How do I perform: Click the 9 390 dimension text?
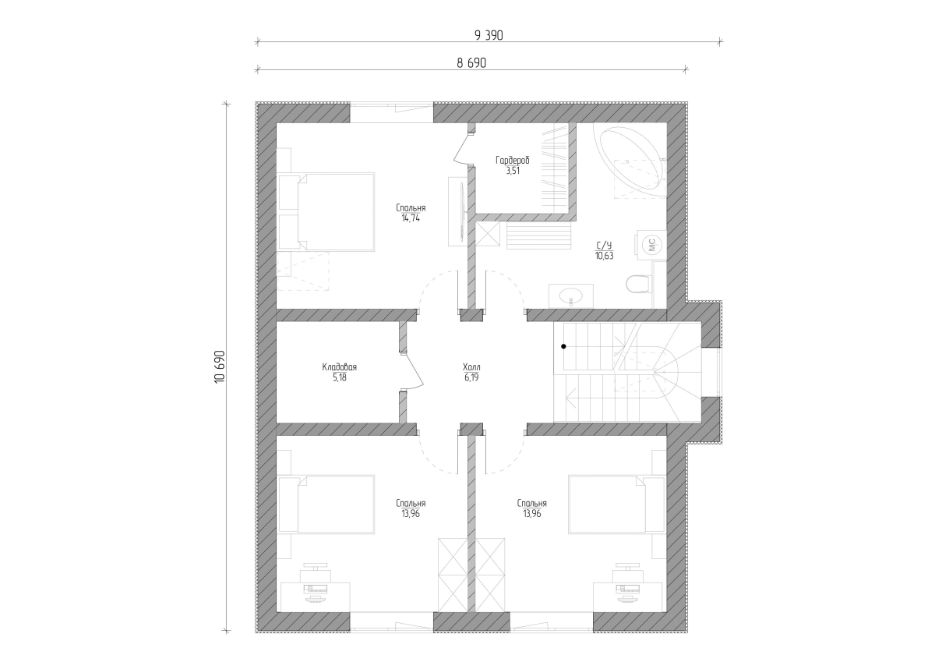click(x=489, y=36)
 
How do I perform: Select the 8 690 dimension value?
click(x=471, y=63)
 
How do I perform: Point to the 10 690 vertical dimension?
click(x=220, y=366)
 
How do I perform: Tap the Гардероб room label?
click(x=513, y=160)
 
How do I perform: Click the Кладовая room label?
click(x=340, y=367)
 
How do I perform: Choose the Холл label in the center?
click(x=471, y=367)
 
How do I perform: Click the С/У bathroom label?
click(x=604, y=245)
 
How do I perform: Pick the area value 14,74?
click(x=411, y=218)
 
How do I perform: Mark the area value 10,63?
click(x=604, y=256)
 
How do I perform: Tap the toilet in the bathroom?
click(x=639, y=284)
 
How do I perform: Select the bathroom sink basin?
click(x=570, y=296)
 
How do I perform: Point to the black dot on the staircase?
click(x=563, y=346)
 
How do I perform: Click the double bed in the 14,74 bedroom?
click(x=326, y=212)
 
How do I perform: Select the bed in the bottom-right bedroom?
click(x=617, y=504)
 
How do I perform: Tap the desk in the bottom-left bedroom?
click(x=315, y=597)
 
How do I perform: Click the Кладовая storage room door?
click(x=412, y=372)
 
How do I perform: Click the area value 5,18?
click(x=340, y=377)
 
